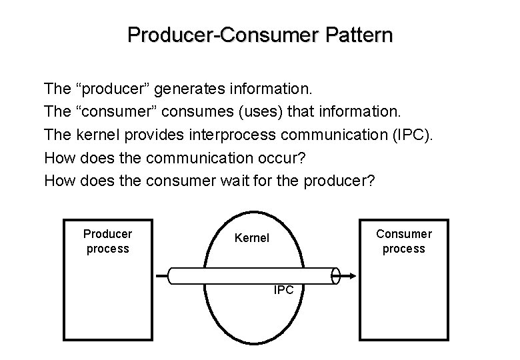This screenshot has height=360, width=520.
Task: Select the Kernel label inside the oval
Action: click(x=252, y=238)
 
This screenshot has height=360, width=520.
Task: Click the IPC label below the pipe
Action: click(x=285, y=290)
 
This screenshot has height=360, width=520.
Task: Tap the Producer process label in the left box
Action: click(x=107, y=241)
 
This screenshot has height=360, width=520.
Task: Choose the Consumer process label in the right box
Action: click(x=403, y=241)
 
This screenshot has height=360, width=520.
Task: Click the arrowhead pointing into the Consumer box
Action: click(x=353, y=275)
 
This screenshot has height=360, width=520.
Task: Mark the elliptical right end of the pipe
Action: click(x=336, y=275)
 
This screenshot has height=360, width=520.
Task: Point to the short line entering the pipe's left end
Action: click(x=162, y=275)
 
